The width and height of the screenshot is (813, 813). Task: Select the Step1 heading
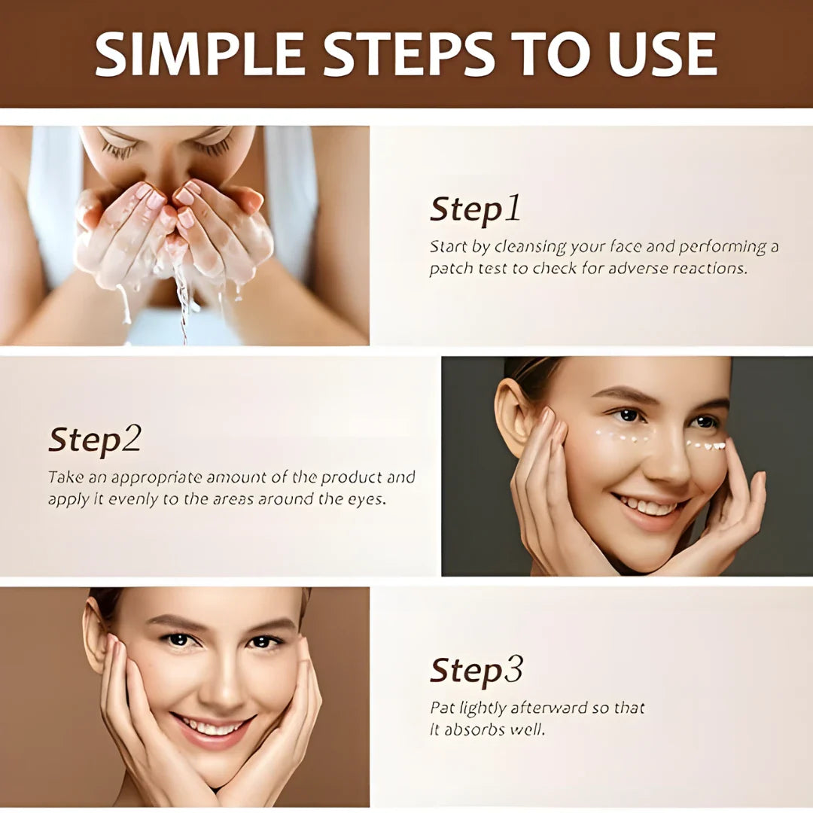click(475, 209)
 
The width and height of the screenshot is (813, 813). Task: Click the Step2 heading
click(95, 440)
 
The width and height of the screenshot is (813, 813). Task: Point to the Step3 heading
click(477, 670)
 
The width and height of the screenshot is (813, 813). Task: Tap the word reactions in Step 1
click(711, 269)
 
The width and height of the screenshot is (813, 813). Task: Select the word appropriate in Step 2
click(157, 477)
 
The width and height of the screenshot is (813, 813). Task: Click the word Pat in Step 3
click(440, 708)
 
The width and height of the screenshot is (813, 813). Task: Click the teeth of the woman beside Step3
click(211, 728)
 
